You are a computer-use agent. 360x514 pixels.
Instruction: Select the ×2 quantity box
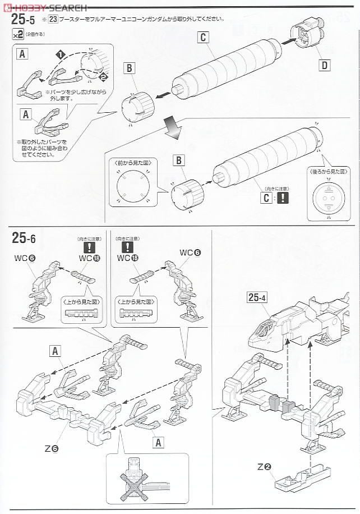[x=19, y=34]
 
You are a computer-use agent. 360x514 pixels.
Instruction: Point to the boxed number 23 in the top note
[x=53, y=19]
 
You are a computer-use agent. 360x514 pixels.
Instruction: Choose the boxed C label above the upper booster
[x=203, y=38]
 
